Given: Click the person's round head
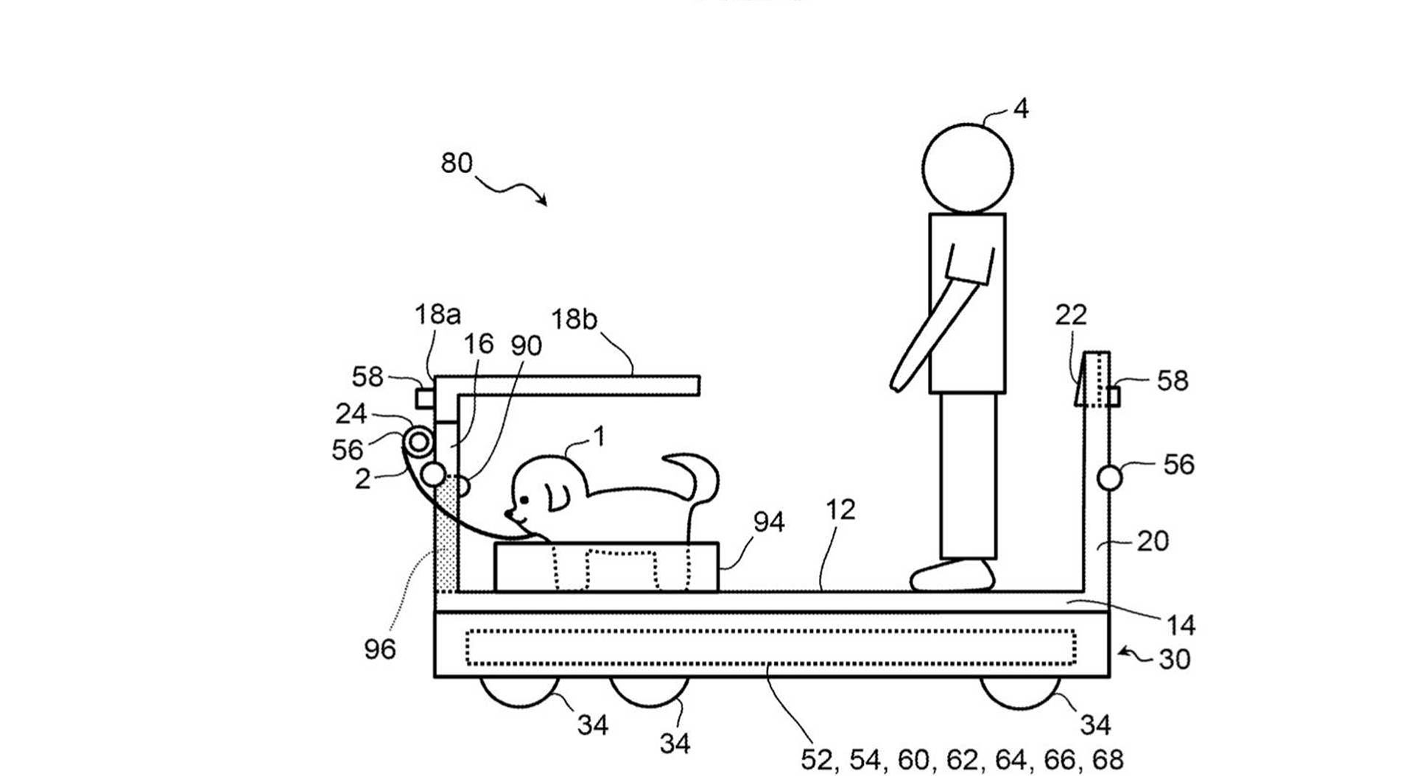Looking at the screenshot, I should pyautogui.click(x=967, y=169).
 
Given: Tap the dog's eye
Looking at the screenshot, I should pyautogui.click(x=524, y=501).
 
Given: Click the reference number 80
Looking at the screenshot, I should pyautogui.click(x=457, y=163).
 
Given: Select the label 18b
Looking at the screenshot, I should pyautogui.click(x=574, y=320).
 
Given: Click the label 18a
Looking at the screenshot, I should pyautogui.click(x=437, y=315).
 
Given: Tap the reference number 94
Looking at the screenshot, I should pyautogui.click(x=768, y=522).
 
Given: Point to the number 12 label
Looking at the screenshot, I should pyautogui.click(x=840, y=509).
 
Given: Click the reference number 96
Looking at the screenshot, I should pyautogui.click(x=380, y=649).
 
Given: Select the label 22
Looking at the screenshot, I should pyautogui.click(x=1070, y=315).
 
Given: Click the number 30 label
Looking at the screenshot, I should pyautogui.click(x=1174, y=659).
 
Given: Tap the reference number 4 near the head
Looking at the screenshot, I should pyautogui.click(x=1020, y=109).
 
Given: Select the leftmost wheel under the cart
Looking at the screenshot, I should pyautogui.click(x=519, y=692).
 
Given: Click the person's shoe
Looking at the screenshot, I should pyautogui.click(x=952, y=576).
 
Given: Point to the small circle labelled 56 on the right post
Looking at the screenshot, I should pyautogui.click(x=1109, y=478).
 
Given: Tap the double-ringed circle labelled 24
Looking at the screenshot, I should pyautogui.click(x=418, y=442).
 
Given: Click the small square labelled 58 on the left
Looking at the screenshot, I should pyautogui.click(x=425, y=398).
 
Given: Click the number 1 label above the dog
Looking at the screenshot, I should pyautogui.click(x=600, y=437).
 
